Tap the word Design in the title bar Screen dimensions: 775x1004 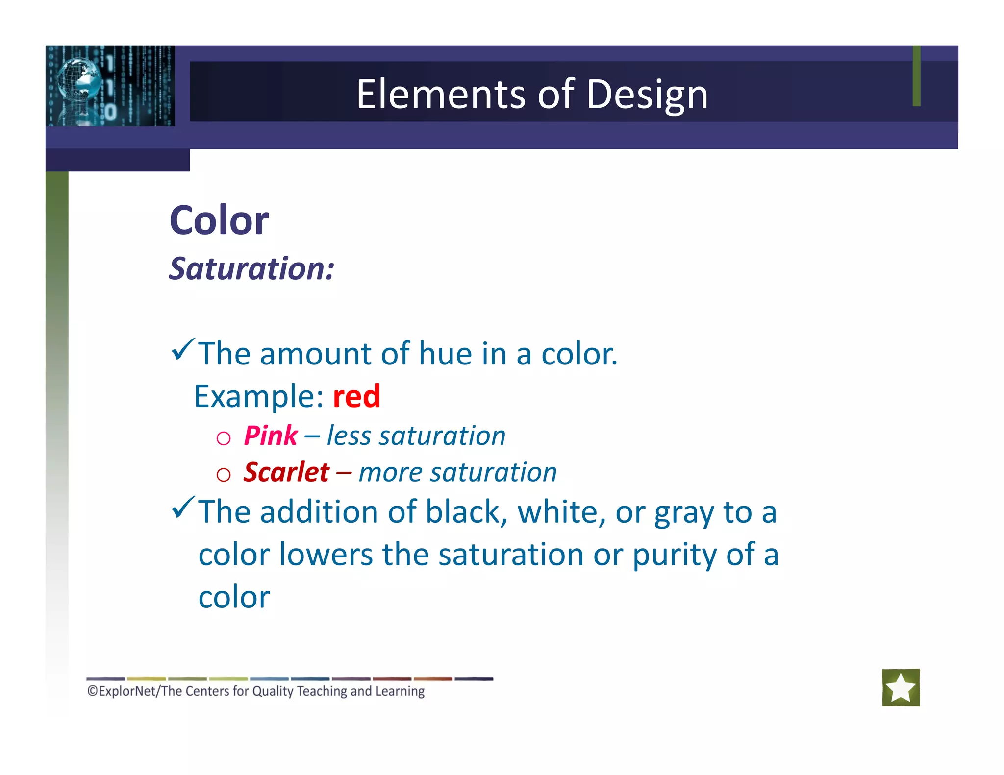pos(647,94)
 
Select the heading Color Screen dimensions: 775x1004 pos(219,220)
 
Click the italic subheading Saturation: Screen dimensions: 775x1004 pos(251,269)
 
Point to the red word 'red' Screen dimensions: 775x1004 pos(356,396)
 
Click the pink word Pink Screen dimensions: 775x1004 pos(271,436)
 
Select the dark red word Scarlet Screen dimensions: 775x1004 pos(286,472)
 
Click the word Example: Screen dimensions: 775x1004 pos(259,396)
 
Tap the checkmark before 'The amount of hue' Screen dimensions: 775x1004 pos(183,350)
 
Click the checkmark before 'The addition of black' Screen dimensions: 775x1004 pos(183,508)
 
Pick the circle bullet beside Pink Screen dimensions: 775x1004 pos(224,438)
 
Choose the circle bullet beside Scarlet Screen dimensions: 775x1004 pos(224,474)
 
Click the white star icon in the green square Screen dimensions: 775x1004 pos(901,687)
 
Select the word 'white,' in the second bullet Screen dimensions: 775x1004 pos(562,512)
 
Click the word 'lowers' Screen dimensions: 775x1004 pos(326,555)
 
